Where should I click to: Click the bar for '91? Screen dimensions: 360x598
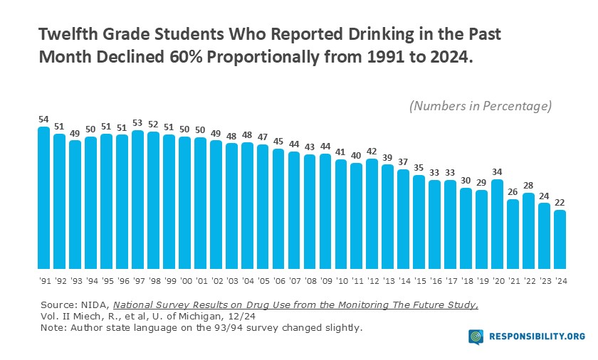click(43, 196)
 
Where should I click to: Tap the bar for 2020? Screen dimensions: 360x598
click(497, 221)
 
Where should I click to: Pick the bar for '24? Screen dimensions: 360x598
click(560, 237)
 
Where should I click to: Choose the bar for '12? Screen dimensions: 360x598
click(372, 211)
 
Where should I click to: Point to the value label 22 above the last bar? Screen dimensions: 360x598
click(560, 201)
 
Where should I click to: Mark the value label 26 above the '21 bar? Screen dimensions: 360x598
click(513, 191)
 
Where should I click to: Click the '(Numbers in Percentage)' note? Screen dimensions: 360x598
click(481, 106)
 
